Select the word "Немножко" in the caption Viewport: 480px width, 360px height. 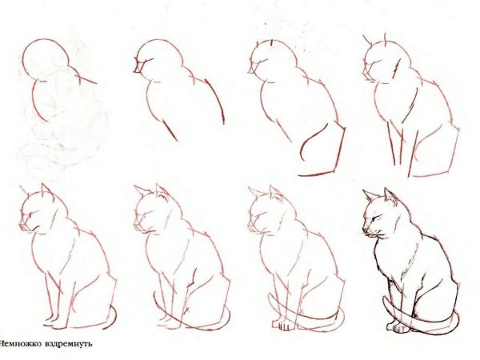coord(25,343)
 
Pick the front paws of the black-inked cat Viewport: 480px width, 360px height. coord(398,326)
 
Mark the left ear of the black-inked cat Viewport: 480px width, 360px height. coord(367,194)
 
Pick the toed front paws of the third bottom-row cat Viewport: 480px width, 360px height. coord(284,326)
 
